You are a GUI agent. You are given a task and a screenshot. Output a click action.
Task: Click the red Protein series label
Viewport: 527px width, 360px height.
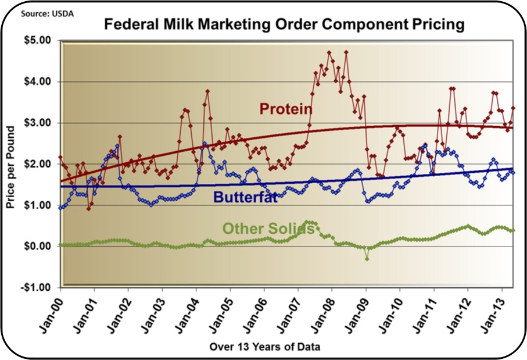(x=286, y=109)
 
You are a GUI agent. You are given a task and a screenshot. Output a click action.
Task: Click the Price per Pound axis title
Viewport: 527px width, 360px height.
(x=10, y=165)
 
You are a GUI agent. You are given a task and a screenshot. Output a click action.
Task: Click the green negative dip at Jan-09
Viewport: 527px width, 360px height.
(x=367, y=258)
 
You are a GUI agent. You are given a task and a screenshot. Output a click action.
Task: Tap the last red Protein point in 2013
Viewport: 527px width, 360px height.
(x=513, y=108)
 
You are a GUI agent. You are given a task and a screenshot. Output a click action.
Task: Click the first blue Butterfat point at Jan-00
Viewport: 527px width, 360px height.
(x=60, y=207)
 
